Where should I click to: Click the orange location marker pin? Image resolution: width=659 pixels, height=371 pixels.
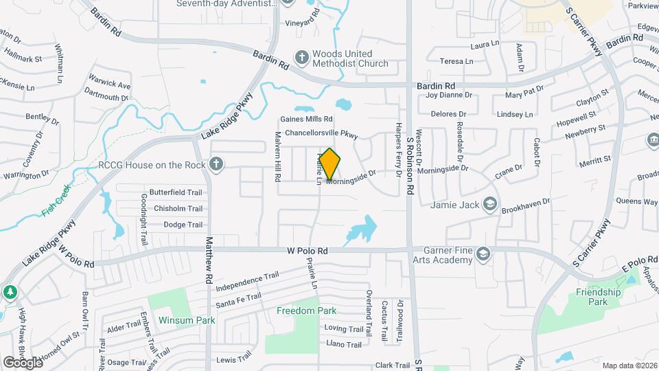click(x=330, y=164)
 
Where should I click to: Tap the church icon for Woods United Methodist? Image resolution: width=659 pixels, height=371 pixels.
click(x=301, y=57)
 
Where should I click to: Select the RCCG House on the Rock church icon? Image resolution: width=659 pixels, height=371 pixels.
click(x=216, y=164)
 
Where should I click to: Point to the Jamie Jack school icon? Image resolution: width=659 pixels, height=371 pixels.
click(x=490, y=204)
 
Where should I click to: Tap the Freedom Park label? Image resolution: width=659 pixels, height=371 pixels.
click(x=306, y=311)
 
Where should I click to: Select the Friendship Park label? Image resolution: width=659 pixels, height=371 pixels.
click(x=599, y=297)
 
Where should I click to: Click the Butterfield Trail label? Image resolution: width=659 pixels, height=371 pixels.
click(x=177, y=193)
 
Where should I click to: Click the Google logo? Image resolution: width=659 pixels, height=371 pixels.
click(x=23, y=362)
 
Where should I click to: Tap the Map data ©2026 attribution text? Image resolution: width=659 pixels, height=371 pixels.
click(x=628, y=365)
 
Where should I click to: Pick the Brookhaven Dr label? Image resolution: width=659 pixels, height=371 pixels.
click(x=526, y=205)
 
